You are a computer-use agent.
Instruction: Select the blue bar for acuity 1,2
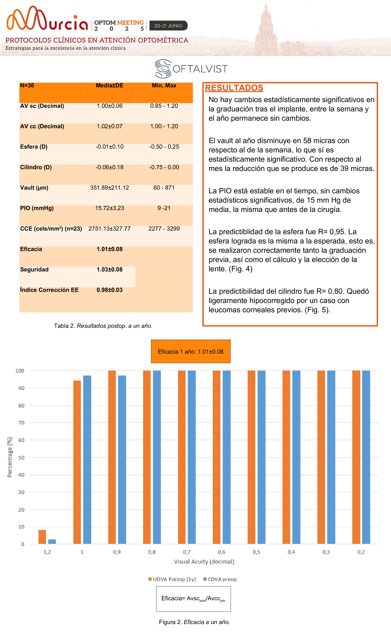pyautogui.click(x=52, y=542)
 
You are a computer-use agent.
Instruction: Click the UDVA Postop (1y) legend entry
pyautogui.click(x=172, y=579)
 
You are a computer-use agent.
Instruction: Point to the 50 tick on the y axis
pyautogui.click(x=21, y=457)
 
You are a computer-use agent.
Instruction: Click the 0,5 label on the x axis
pyautogui.click(x=256, y=552)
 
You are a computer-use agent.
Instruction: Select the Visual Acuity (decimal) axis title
pyautogui.click(x=204, y=561)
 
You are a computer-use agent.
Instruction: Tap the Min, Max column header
pyautogui.click(x=164, y=86)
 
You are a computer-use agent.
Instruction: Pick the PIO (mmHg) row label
pyautogui.click(x=37, y=208)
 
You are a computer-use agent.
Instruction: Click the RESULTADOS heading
pyautogui.click(x=234, y=88)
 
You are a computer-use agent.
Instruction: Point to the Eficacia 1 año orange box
pyautogui.click(x=190, y=351)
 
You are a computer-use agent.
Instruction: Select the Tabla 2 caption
pyautogui.click(x=103, y=326)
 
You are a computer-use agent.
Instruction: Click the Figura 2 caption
pyautogui.click(x=194, y=622)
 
